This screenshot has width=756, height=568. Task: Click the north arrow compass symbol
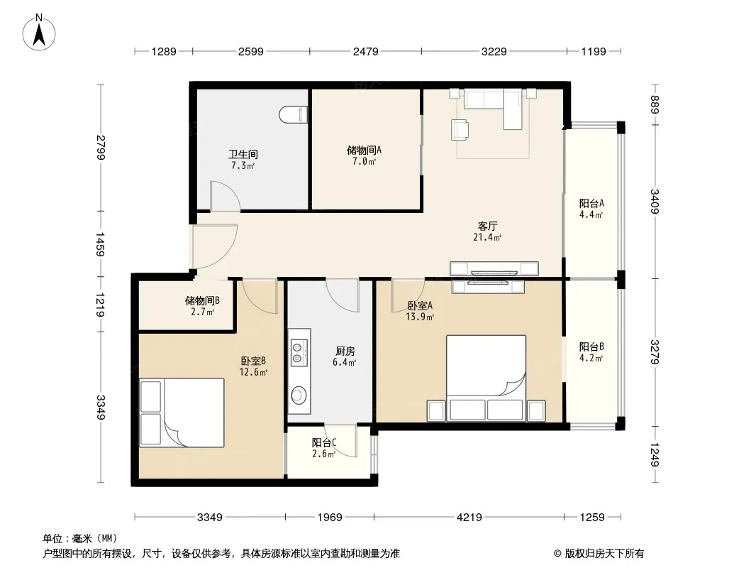pos(39,33)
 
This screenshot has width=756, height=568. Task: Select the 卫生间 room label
pos(243,155)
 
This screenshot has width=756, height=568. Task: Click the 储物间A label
pos(364,150)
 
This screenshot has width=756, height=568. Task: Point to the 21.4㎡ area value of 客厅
pos(487,237)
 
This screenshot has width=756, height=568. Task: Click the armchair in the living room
pos(460,129)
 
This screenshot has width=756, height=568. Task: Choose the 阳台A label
pos(591,203)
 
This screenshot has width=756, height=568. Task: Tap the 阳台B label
pos(591,346)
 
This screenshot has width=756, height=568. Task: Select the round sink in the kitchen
pos(299,395)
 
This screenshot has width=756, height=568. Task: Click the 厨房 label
pos(345,351)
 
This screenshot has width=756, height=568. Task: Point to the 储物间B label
pos(203,300)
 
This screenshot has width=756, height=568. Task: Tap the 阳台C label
pos(324,442)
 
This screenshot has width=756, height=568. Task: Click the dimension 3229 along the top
pos(494,51)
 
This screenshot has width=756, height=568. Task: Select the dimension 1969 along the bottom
pos(329,518)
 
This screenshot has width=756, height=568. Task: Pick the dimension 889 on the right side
pos(655,104)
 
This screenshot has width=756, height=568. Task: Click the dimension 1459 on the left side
pos(100,244)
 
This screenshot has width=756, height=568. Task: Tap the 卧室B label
pos(253,361)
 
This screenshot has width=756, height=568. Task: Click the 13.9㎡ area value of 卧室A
pos(420,317)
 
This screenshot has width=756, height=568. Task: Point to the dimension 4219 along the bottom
pos(469,518)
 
